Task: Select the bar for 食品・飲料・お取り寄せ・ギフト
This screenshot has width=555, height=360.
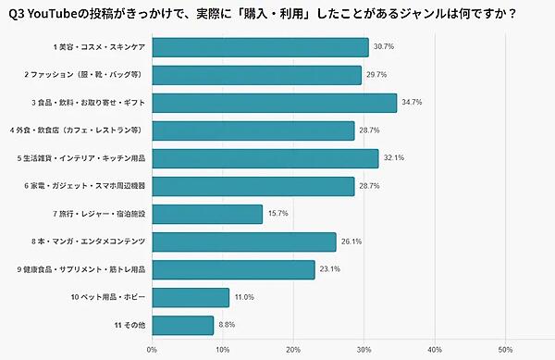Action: (274, 103)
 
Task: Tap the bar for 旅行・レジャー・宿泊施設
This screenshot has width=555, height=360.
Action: (207, 214)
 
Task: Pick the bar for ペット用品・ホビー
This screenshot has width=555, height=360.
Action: (191, 297)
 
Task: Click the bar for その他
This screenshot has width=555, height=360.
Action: (183, 325)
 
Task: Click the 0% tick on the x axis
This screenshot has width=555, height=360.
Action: (152, 350)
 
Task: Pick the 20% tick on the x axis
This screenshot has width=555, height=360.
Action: (292, 350)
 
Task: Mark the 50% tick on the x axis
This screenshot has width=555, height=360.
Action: (505, 350)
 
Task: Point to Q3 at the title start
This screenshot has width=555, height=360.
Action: (18, 14)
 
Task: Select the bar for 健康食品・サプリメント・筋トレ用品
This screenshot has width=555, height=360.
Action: (233, 269)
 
